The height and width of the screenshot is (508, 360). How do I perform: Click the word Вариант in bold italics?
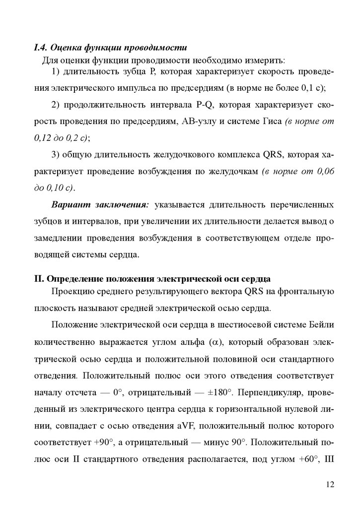(x=69, y=205)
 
